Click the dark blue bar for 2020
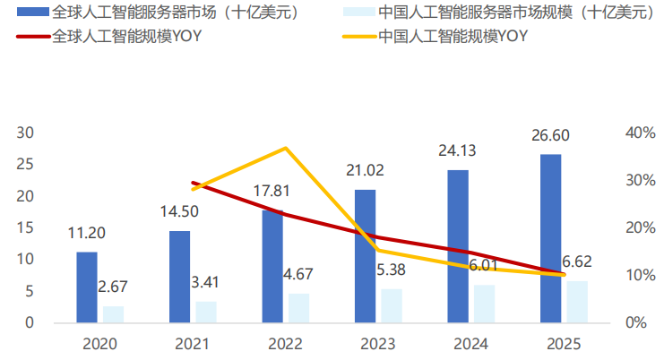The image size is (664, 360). pyautogui.click(x=87, y=287)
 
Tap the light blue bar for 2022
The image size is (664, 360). pyautogui.click(x=299, y=307)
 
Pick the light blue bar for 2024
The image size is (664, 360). pyautogui.click(x=484, y=304)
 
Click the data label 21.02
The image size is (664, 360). pyautogui.click(x=365, y=170)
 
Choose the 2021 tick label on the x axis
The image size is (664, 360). pyautogui.click(x=192, y=343)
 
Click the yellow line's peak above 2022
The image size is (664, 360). pyautogui.click(x=285, y=148)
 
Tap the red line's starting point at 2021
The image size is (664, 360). pyautogui.click(x=193, y=183)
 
